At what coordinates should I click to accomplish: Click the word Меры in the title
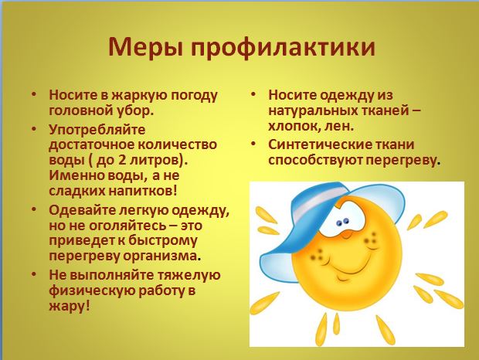(146, 46)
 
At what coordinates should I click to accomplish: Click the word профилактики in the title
(284, 47)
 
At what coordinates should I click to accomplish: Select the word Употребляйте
(97, 130)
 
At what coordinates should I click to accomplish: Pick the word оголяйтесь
(125, 226)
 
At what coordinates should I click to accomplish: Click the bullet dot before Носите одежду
(253, 94)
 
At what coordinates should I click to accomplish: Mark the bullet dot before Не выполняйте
(33, 274)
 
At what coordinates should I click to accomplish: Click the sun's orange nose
(346, 235)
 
